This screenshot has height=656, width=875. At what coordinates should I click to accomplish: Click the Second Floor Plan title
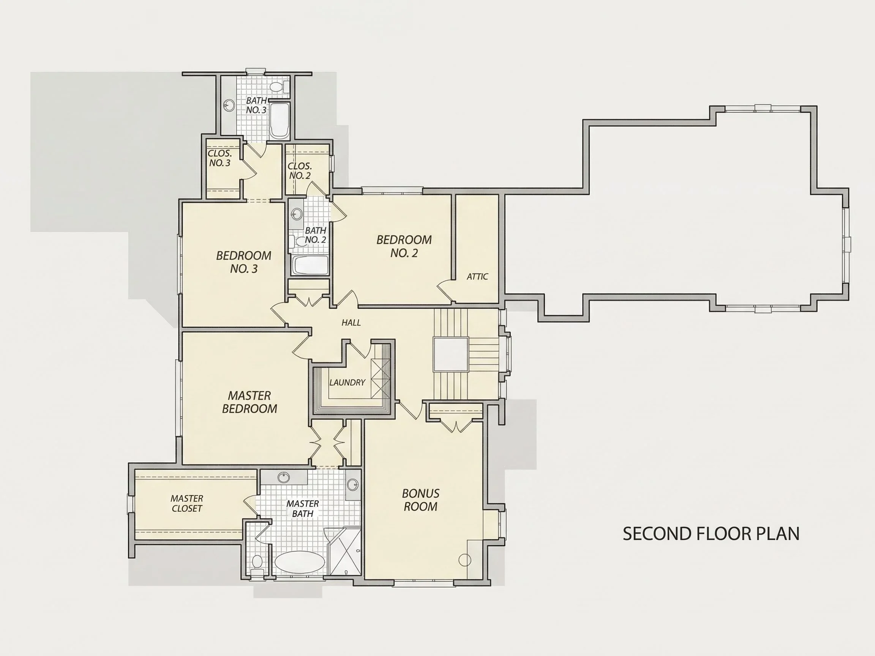[711, 534]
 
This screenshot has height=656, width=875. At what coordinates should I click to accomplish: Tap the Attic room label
[477, 276]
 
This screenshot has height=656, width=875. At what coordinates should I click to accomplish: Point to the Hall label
[351, 323]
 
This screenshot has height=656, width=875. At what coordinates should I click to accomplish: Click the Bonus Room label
[420, 500]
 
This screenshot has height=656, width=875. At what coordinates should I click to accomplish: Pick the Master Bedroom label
[249, 402]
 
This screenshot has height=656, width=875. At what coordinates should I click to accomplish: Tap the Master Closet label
[187, 503]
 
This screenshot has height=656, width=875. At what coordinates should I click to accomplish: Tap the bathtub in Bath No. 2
[311, 265]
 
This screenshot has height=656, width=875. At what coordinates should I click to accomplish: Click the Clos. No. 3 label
[220, 158]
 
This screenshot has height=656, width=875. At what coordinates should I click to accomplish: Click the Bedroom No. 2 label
[404, 246]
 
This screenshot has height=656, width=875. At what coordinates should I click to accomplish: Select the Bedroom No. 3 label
[244, 262]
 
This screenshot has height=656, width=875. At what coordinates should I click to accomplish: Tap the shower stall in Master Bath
[343, 551]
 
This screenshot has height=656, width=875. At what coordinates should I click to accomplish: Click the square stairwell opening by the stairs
[450, 354]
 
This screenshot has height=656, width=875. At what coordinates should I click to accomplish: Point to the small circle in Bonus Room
[464, 560]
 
